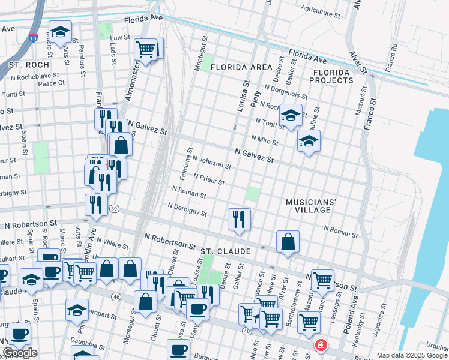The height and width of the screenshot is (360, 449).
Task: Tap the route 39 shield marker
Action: tap(114, 208)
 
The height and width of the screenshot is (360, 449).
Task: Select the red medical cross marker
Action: tap(321, 346)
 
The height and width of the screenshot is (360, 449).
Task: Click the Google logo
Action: tap(20, 353)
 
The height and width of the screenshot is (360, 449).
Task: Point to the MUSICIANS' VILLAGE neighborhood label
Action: tap(309, 206)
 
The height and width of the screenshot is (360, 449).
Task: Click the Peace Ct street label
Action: tap(51, 83)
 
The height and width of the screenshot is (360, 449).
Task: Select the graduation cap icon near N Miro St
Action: tap(309, 142)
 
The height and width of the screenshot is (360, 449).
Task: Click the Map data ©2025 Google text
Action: tap(412, 355)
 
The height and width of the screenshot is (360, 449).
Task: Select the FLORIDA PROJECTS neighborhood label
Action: tap(332, 76)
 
